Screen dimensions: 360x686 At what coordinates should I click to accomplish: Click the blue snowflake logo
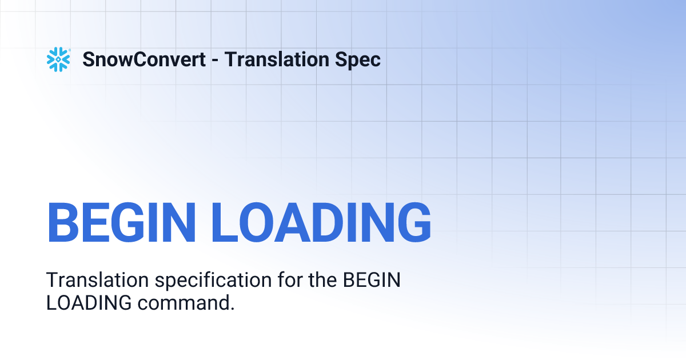tap(58, 59)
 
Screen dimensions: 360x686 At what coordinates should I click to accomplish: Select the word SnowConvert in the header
tap(144, 59)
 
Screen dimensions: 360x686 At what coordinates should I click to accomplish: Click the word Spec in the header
tap(360, 59)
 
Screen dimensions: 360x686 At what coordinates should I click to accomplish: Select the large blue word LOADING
tap(321, 222)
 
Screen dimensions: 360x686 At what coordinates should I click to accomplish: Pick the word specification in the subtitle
tap(207, 281)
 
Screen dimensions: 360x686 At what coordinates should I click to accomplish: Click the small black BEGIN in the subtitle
tap(372, 281)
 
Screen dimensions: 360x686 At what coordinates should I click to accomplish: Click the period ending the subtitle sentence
tap(232, 308)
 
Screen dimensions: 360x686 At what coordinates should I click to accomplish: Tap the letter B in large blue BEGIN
tap(62, 222)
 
